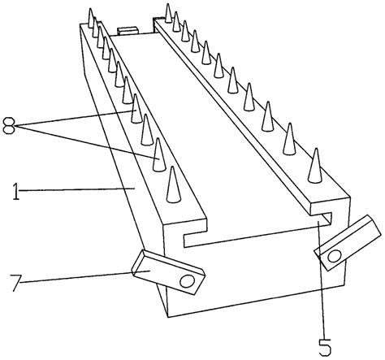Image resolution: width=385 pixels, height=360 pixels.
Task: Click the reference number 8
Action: pos(9,125)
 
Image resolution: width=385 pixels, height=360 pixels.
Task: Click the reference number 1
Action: pos(16,191)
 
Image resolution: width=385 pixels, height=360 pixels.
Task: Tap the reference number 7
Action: pos(16,283)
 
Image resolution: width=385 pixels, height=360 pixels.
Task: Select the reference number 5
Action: pos(325,347)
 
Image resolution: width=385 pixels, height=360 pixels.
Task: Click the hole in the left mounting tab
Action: pos(187,281)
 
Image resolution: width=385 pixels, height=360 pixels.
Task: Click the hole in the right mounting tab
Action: pos(335,256)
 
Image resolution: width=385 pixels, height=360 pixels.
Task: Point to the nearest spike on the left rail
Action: pos(173,184)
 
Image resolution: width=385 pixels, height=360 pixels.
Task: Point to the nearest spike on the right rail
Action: pos(315,165)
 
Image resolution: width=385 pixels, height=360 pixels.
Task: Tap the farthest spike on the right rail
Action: pos(168,13)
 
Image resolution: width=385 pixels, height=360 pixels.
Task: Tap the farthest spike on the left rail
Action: pos(91,18)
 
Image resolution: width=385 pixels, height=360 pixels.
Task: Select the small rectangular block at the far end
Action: pos(128,31)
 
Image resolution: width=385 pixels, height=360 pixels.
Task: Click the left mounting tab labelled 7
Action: pos(168,272)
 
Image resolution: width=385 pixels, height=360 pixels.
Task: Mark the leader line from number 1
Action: pos(77,189)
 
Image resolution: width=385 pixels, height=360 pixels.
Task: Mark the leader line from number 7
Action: pos(84,276)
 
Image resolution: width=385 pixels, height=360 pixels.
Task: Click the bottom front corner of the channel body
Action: pos(168,317)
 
